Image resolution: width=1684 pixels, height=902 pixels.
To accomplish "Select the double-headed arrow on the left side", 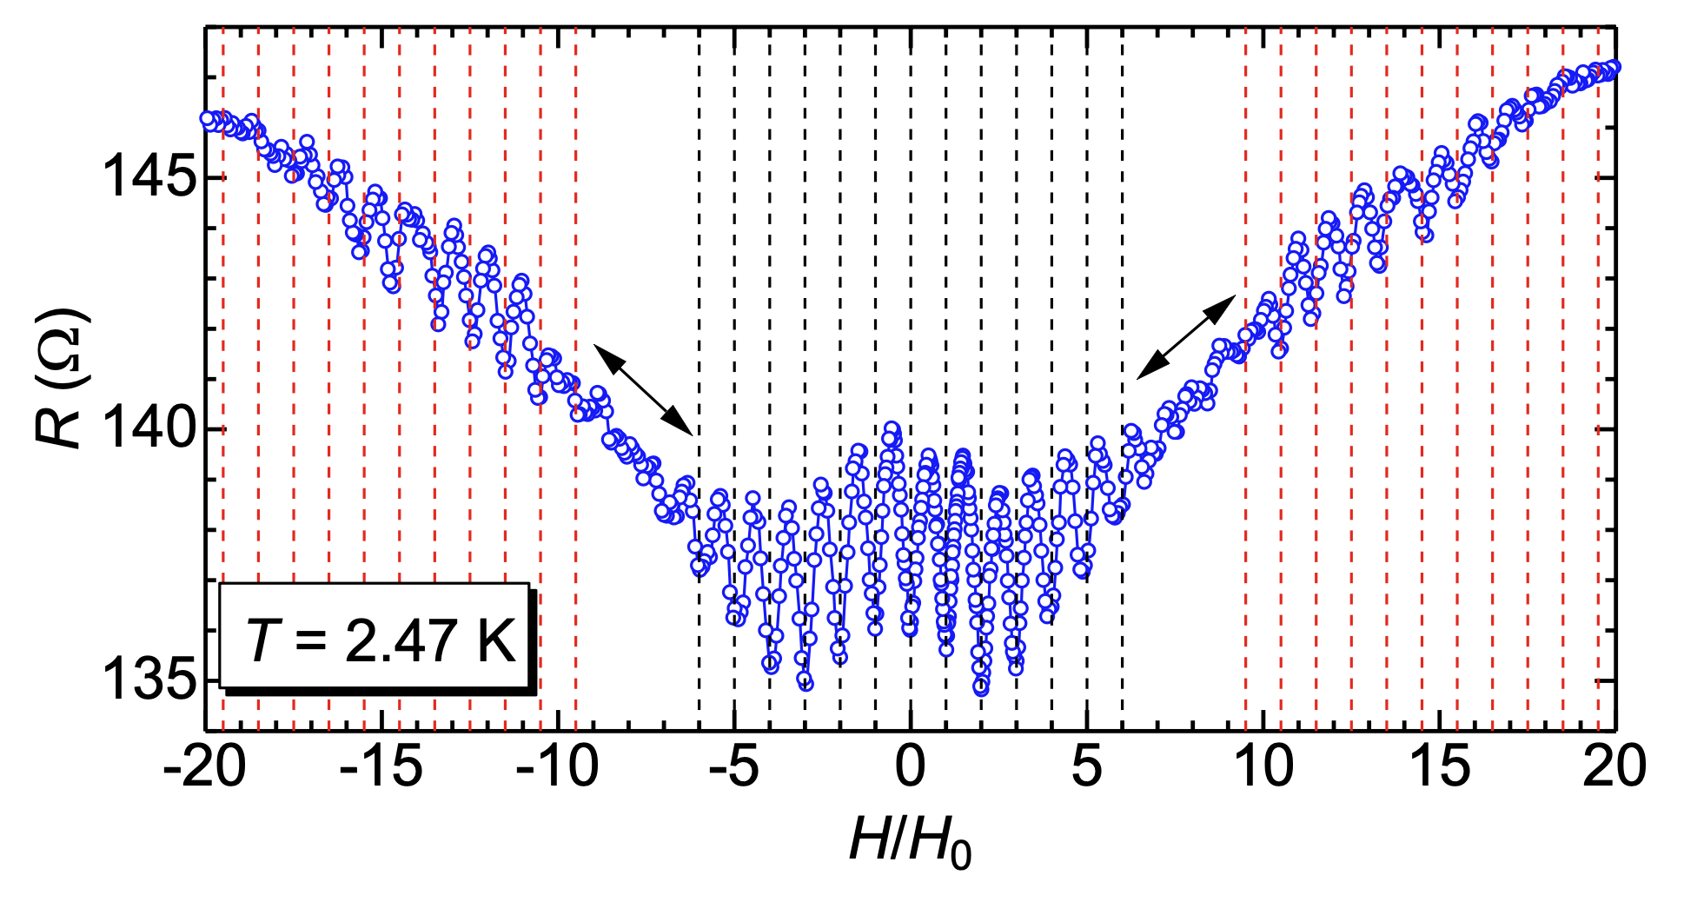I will [x=643, y=389].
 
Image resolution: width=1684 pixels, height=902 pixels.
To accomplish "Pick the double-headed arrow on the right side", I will [x=1186, y=336].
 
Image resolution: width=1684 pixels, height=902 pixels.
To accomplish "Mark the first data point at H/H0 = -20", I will [x=207, y=118].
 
